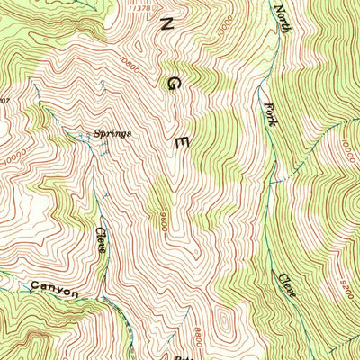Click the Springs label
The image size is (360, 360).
(x=112, y=133)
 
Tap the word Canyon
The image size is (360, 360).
(x=55, y=291)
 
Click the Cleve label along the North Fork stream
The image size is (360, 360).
(x=285, y=286)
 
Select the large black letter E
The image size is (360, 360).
(x=182, y=142)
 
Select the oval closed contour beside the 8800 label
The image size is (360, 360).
(x=220, y=321)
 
